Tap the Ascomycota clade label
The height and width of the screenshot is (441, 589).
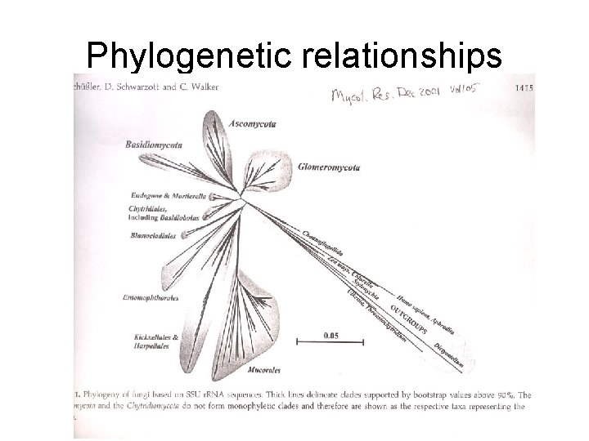point(252,123)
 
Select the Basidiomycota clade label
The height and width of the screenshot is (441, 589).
point(154,145)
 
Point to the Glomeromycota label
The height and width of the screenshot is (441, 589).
point(327,167)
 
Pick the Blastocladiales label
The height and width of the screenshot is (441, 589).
point(153,236)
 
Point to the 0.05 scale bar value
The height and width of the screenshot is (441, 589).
point(331,335)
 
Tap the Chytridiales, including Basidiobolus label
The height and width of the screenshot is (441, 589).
point(164,214)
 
